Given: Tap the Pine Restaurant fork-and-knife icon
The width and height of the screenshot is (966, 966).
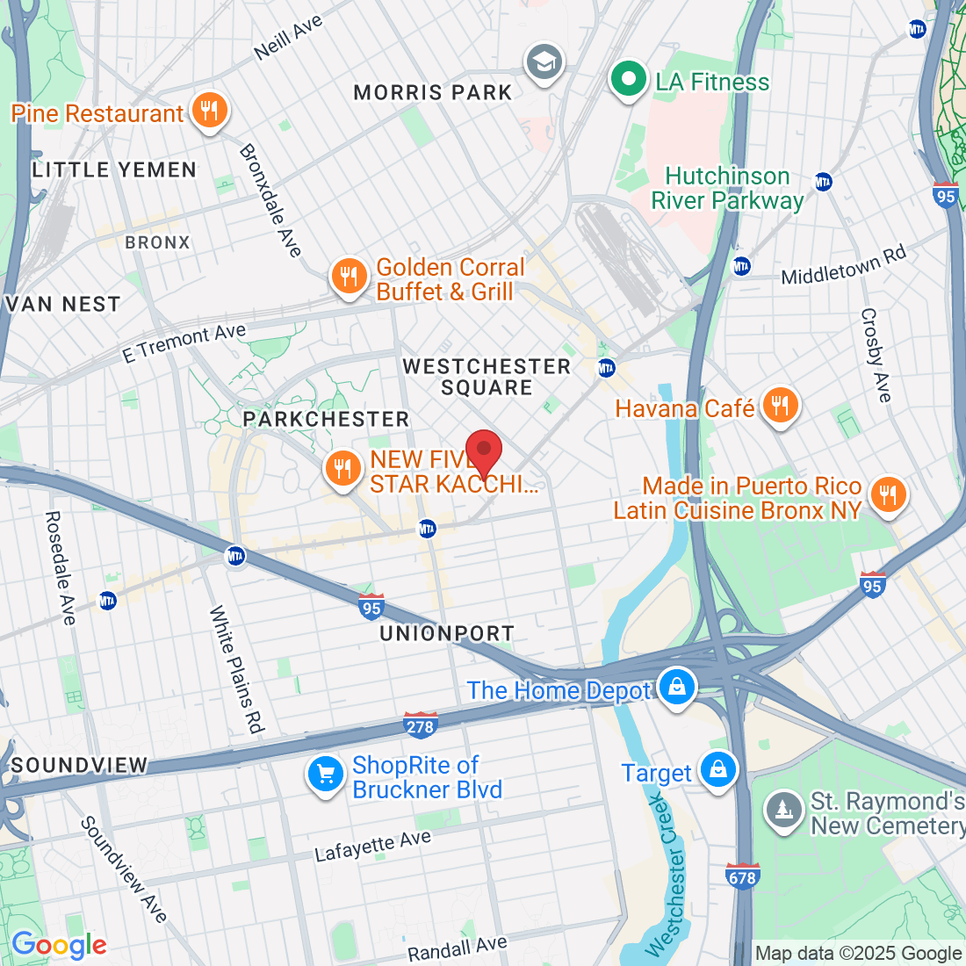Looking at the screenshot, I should point(209,111).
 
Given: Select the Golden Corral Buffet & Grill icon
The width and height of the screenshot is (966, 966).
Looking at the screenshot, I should point(349,277).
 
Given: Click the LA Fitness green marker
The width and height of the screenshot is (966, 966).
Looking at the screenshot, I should point(628,79).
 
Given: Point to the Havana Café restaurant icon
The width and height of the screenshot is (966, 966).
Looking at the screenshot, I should point(779,406).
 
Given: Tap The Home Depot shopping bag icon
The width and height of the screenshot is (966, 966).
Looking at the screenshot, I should point(677,688).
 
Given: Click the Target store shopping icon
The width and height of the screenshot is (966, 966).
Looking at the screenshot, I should point(718,769).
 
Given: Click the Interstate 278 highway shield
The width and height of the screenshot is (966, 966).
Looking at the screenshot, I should point(421,725).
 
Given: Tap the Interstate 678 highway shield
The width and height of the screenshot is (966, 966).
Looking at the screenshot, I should point(742,876).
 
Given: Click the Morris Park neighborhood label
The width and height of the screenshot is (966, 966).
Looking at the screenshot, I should point(432,92).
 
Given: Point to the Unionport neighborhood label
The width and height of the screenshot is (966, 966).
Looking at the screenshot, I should point(447,633).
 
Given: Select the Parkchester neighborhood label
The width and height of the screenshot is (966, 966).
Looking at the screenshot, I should point(327,419).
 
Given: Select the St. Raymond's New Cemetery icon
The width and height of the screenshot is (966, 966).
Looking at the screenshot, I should point(781,811).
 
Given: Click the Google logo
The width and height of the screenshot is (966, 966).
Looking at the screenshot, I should point(59,945).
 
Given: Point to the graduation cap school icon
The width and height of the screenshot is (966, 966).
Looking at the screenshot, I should point(544,62).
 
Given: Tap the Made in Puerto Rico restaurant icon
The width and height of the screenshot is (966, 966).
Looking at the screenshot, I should point(888,495).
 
